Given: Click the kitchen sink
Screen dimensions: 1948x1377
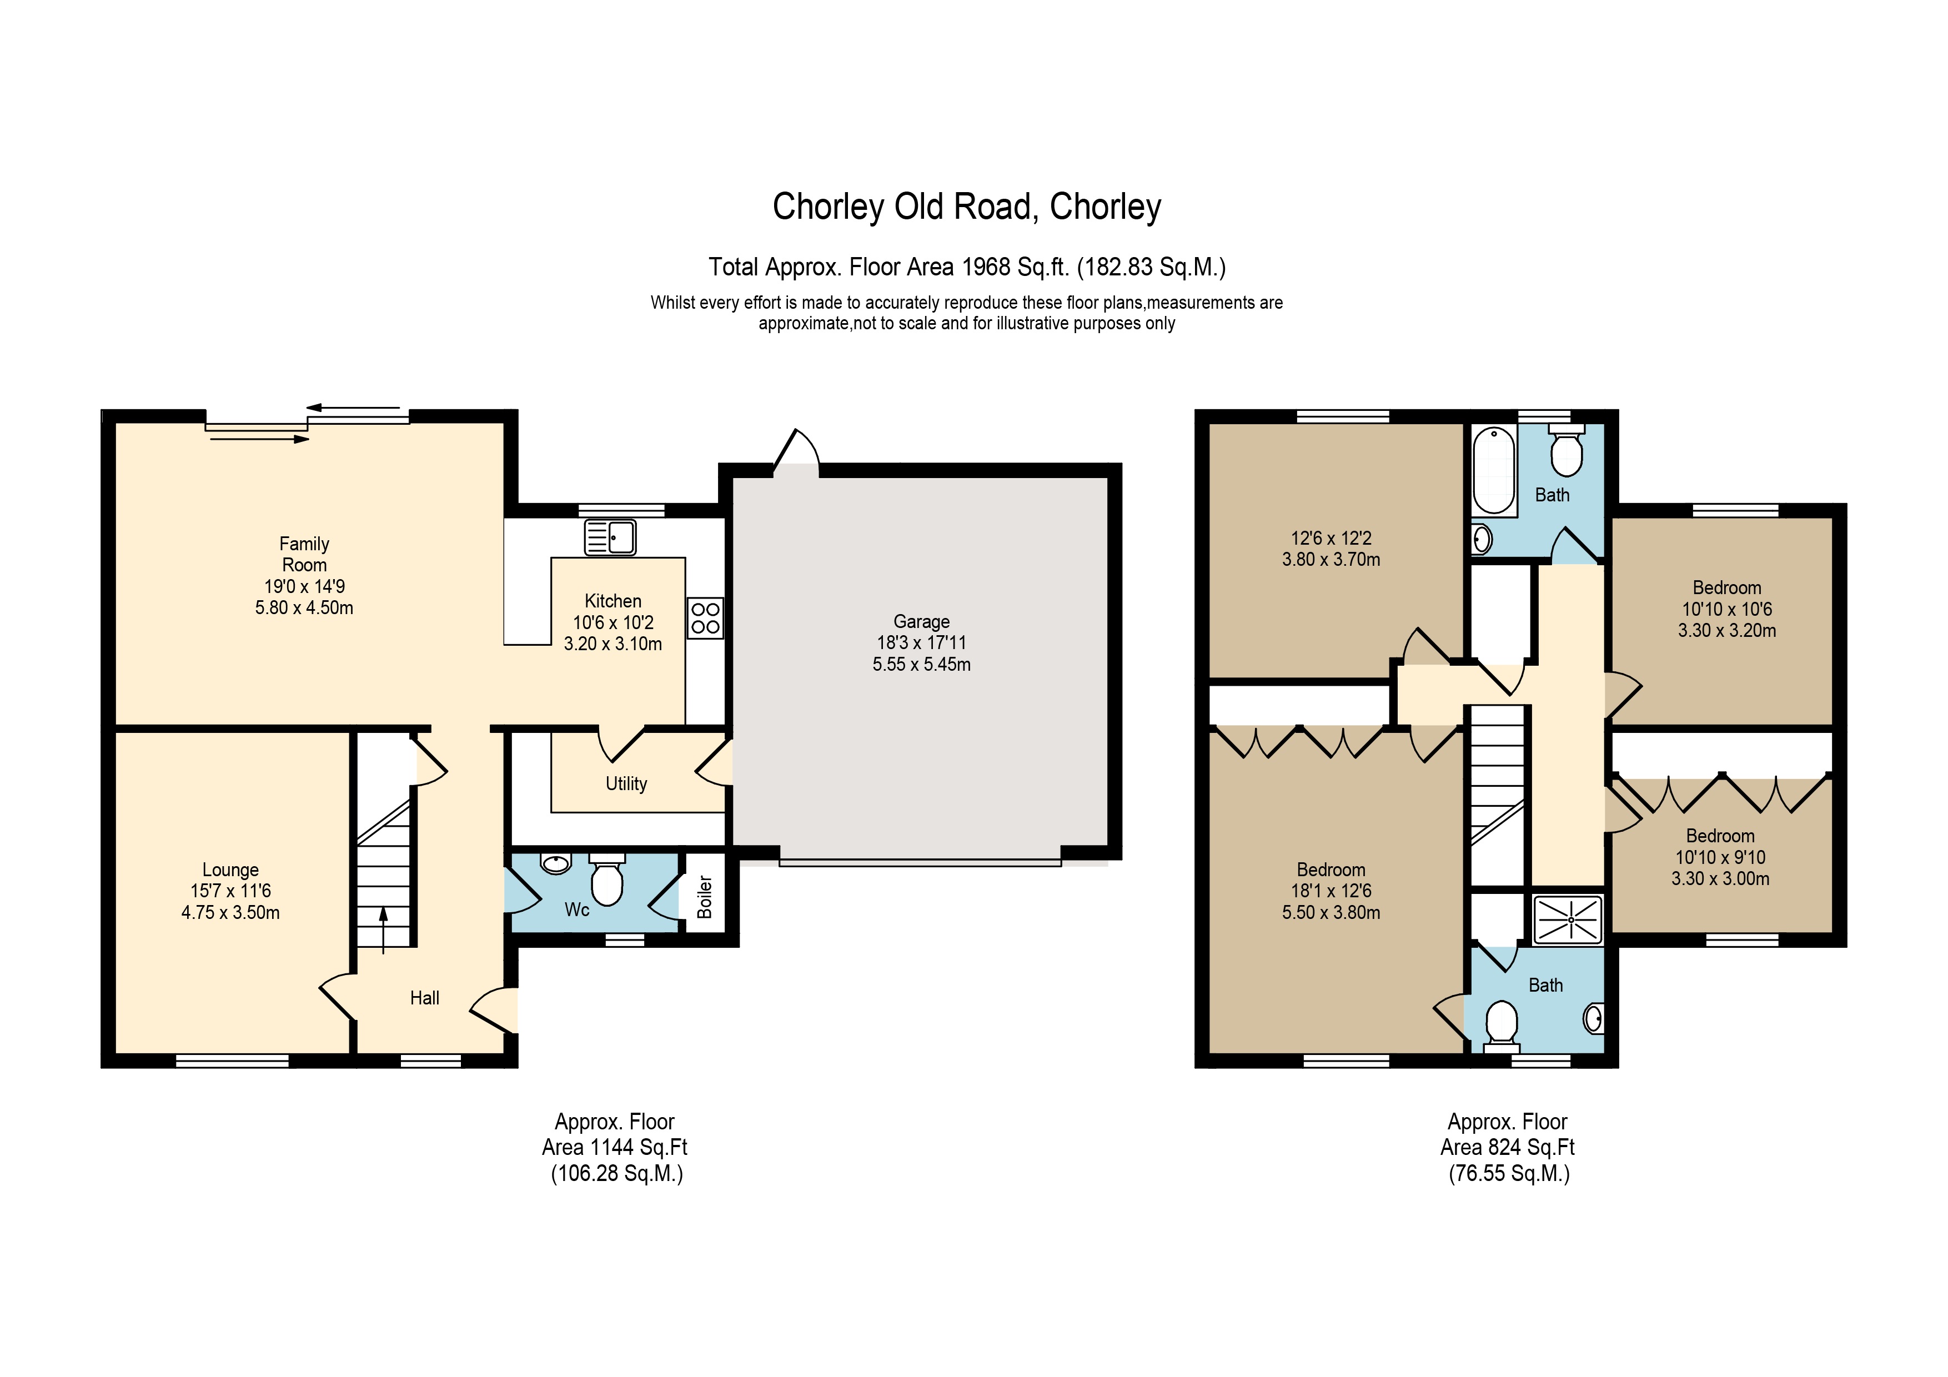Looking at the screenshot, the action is (x=610, y=537).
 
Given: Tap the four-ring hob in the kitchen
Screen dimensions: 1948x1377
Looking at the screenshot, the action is (x=705, y=619).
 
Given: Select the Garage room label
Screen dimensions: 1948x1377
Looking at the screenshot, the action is (x=921, y=621).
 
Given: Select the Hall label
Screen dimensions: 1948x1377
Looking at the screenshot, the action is (x=424, y=998).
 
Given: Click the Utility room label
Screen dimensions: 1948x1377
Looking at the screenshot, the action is (x=626, y=784).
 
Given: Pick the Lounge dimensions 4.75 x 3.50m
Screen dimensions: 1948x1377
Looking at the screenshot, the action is (x=231, y=913).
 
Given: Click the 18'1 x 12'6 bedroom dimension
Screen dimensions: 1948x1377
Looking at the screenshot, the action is (x=1331, y=891).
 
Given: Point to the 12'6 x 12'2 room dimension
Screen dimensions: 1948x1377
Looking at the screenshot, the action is (x=1331, y=538).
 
